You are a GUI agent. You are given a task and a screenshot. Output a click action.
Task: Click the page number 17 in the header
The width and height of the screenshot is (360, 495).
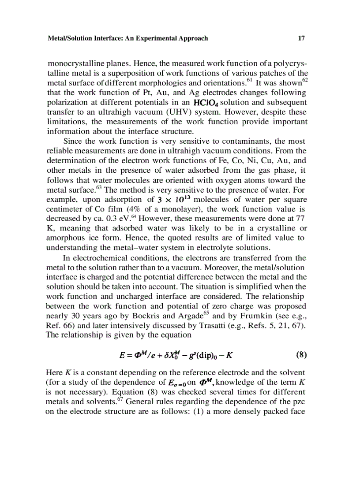click(301, 38)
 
